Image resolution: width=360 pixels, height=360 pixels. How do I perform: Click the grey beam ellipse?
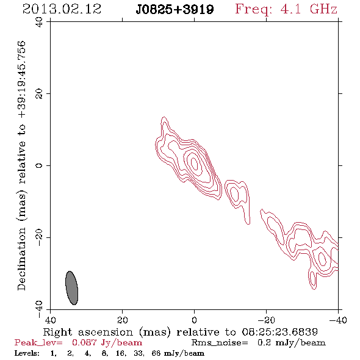(71, 288)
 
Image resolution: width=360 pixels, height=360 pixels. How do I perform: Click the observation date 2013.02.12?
(62, 9)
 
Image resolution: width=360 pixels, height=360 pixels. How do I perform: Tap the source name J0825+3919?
(175, 9)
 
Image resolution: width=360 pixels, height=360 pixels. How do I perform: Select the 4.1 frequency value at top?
(290, 9)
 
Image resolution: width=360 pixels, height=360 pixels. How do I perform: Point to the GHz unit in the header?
(324, 9)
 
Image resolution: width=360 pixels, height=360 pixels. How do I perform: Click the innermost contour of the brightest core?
(195, 164)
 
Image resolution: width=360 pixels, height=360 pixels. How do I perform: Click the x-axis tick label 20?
(123, 320)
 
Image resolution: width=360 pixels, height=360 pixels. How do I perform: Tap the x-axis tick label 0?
(194, 320)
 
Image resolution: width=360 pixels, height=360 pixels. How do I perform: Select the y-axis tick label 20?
(39, 94)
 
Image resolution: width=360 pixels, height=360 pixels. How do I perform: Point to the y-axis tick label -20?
(39, 237)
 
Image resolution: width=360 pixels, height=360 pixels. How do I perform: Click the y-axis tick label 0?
(39, 165)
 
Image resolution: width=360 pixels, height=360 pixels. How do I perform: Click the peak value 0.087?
(84, 342)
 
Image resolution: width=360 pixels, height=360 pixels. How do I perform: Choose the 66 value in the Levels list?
(156, 353)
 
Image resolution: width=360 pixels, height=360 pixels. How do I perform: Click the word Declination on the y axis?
(21, 259)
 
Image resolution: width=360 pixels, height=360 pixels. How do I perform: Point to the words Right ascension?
(88, 332)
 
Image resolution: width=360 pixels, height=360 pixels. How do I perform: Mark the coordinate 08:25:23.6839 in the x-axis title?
(279, 332)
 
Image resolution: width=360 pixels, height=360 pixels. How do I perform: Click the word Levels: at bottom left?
(27, 353)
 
